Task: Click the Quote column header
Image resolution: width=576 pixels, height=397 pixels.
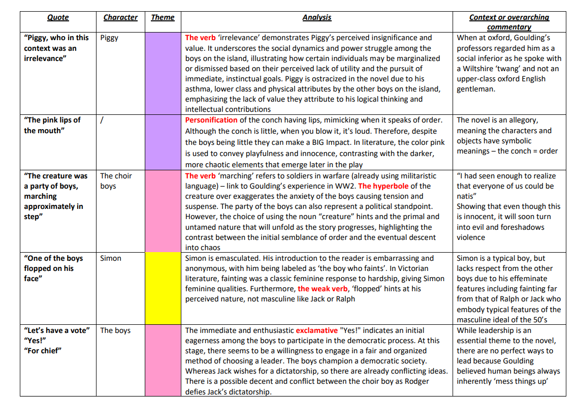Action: [x=58, y=17]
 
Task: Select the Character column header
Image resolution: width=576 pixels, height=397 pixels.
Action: [x=120, y=17]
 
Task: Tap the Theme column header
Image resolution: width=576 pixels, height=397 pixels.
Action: [x=163, y=17]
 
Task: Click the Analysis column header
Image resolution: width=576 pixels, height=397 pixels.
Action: [x=316, y=17]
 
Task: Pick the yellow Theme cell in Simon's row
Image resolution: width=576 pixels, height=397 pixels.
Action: [x=163, y=288]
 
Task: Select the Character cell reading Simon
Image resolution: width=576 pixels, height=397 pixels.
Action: [x=111, y=258]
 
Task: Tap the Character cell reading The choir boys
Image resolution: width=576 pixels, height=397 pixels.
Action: [x=116, y=181]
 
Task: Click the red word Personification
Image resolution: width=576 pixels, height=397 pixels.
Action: [x=211, y=120]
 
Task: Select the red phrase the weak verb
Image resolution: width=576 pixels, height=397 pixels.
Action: [x=323, y=289]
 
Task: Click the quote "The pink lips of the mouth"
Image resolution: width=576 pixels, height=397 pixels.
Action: [x=52, y=125]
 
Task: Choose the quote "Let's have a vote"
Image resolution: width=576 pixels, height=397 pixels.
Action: [x=56, y=330]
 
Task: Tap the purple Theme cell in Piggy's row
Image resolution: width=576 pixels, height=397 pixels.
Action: [x=163, y=73]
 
